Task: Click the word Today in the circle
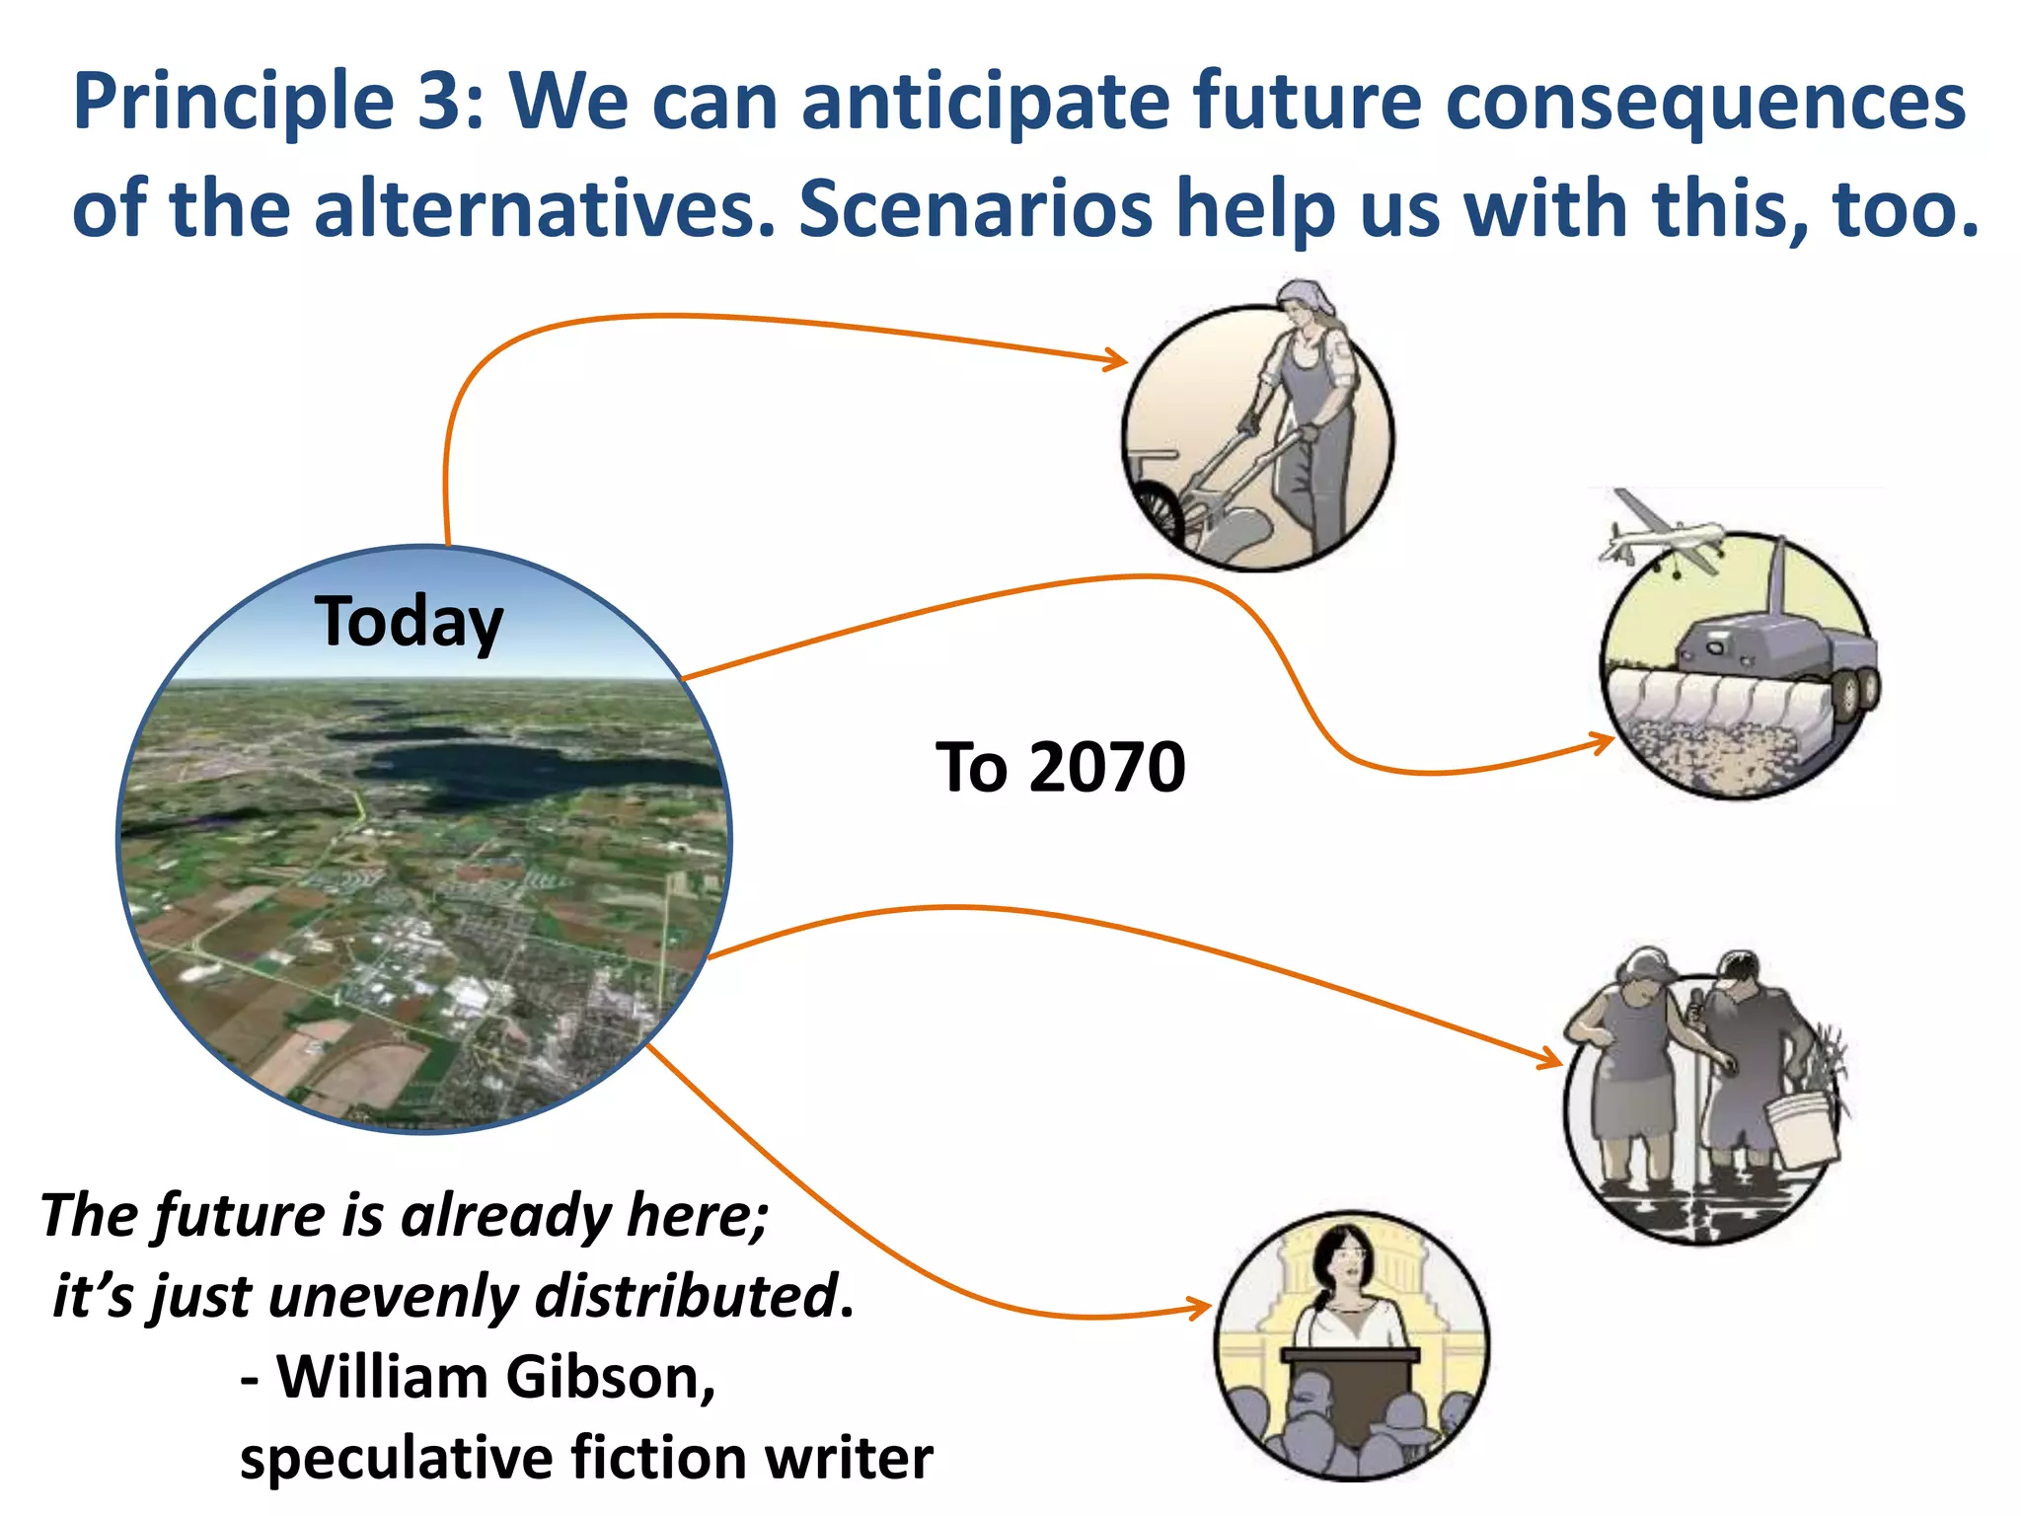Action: pyautogui.click(x=409, y=623)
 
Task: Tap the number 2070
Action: pyautogui.click(x=1106, y=768)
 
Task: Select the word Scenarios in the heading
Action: pyautogui.click(x=975, y=209)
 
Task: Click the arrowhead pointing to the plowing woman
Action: pyautogui.click(x=1118, y=360)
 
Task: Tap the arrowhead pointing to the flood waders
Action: pyautogui.click(x=1551, y=1060)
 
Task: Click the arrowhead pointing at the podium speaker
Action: pyautogui.click(x=1201, y=1309)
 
